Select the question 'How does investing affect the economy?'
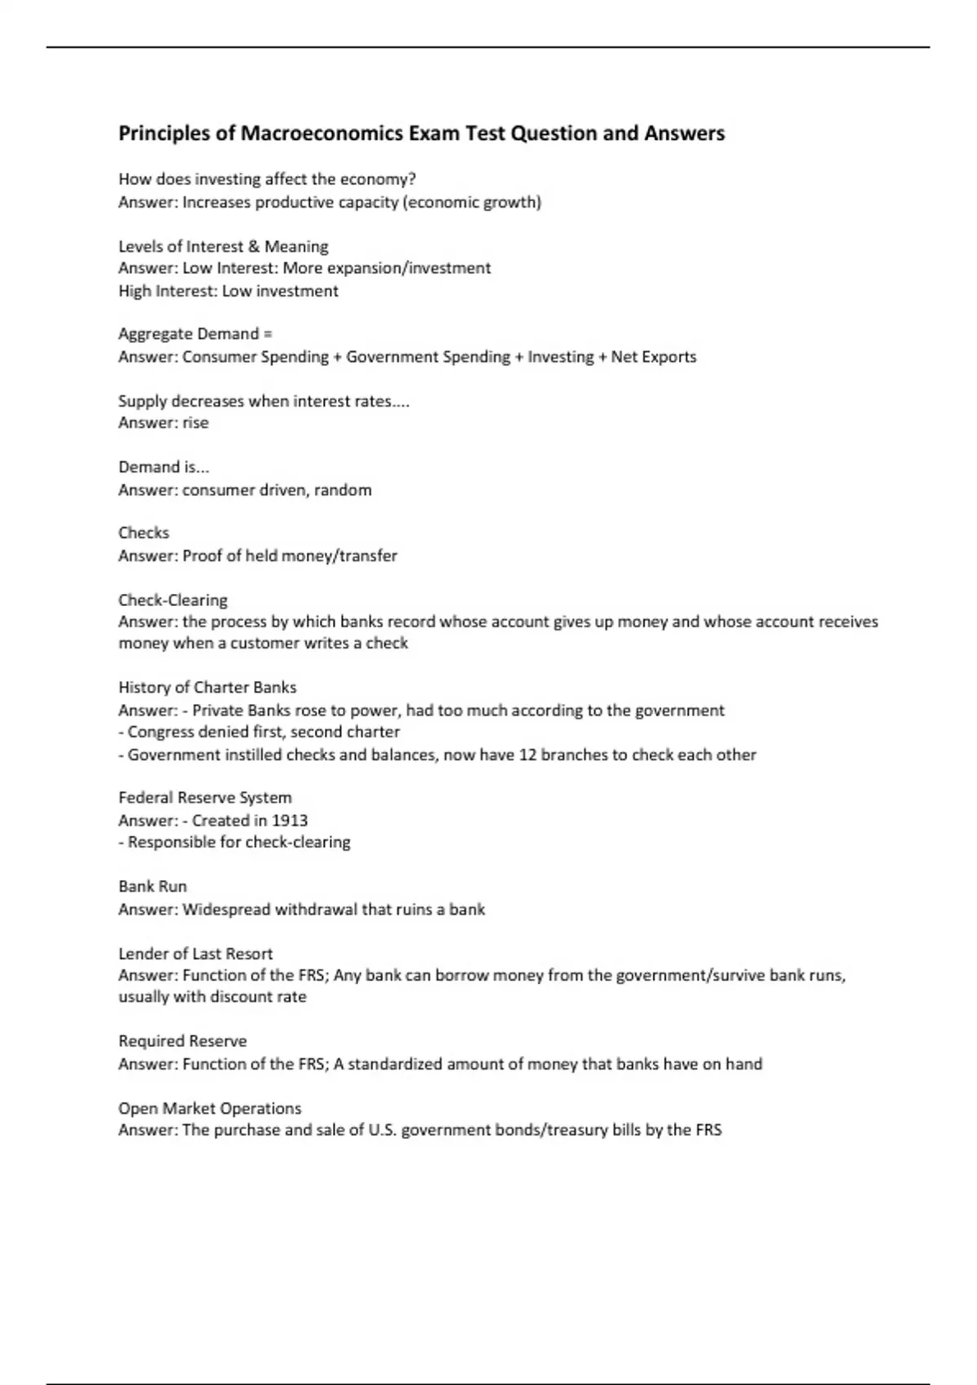267,179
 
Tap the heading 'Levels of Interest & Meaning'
223,246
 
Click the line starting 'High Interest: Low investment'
228,291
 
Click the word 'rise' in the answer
195,423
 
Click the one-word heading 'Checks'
143,533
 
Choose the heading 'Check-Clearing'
173,600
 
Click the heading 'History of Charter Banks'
207,688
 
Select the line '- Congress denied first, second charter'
259,732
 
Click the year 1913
289,820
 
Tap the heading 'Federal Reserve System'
204,798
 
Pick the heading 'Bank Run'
152,886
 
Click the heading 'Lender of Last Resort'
195,953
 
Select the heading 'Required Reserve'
182,1041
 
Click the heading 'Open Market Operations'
209,1108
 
